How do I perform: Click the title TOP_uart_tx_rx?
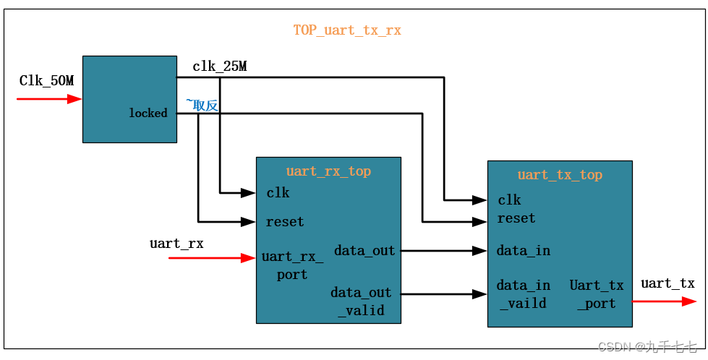(346, 30)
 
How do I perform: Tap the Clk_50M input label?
(46, 81)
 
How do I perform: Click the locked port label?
(148, 113)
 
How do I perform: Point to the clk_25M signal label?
(219, 67)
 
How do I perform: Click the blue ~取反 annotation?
(202, 106)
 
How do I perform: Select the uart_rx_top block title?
(328, 171)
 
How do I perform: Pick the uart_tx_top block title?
(560, 175)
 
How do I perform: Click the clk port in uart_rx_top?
(278, 193)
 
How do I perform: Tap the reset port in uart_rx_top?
(285, 222)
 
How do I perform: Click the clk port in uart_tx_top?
(509, 200)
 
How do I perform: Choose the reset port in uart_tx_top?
(516, 218)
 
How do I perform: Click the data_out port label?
(364, 251)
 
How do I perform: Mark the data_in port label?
(523, 251)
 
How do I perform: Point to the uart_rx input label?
(176, 244)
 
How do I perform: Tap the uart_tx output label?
(668, 283)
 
